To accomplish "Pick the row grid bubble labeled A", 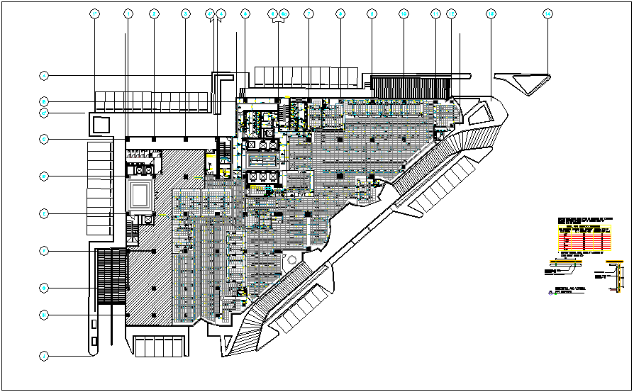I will pyautogui.click(x=44, y=75).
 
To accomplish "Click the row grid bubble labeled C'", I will pyautogui.click(x=44, y=112).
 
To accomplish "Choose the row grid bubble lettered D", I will pyautogui.click(x=44, y=139).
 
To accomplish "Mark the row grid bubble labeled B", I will pyautogui.click(x=44, y=101).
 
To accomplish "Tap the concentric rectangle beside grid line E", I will pyautogui.click(x=140, y=191).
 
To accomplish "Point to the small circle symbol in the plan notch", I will pyautogui.click(x=289, y=262).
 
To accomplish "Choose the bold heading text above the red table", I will pyautogui.click(x=582, y=221).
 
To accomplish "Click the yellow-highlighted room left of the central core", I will pyautogui.click(x=211, y=162).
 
